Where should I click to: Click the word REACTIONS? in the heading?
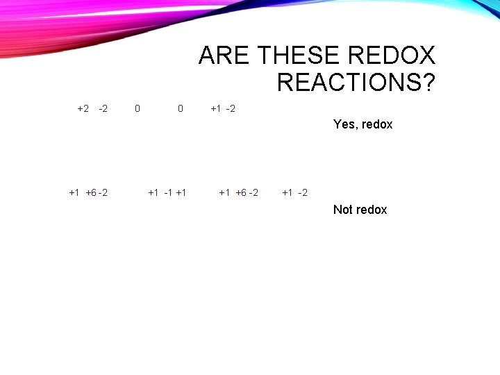coord(356,83)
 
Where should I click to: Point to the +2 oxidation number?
coord(83,108)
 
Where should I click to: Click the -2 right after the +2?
coord(103,108)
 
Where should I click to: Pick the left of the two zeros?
coord(137,108)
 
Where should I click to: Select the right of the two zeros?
coord(181,108)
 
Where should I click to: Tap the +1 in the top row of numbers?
coord(216,108)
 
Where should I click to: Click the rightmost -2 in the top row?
coord(231,108)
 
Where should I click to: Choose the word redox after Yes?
coord(377,124)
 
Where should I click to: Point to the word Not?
coord(343,210)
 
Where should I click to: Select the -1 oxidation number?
coord(167,192)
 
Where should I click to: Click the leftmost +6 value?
coord(91,192)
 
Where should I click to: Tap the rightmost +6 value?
coord(241,192)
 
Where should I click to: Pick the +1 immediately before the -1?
coord(153,192)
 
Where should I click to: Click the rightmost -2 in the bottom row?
coord(302,192)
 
